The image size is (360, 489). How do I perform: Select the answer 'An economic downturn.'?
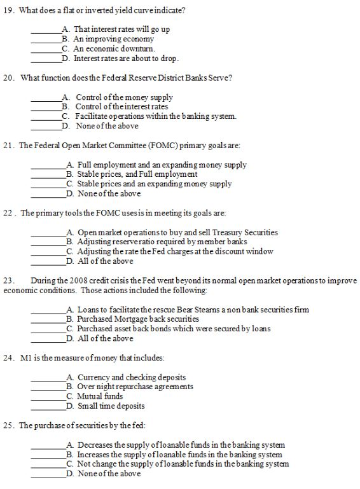point(114,48)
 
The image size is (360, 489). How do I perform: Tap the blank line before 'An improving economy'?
point(45,39)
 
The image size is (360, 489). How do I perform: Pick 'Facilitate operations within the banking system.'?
point(156,116)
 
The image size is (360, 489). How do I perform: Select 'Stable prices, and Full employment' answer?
point(137,174)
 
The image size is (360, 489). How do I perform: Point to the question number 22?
point(9,213)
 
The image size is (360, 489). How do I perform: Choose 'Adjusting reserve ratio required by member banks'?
point(162,242)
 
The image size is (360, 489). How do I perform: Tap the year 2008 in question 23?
point(71,280)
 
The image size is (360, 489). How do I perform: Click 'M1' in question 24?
point(26,358)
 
